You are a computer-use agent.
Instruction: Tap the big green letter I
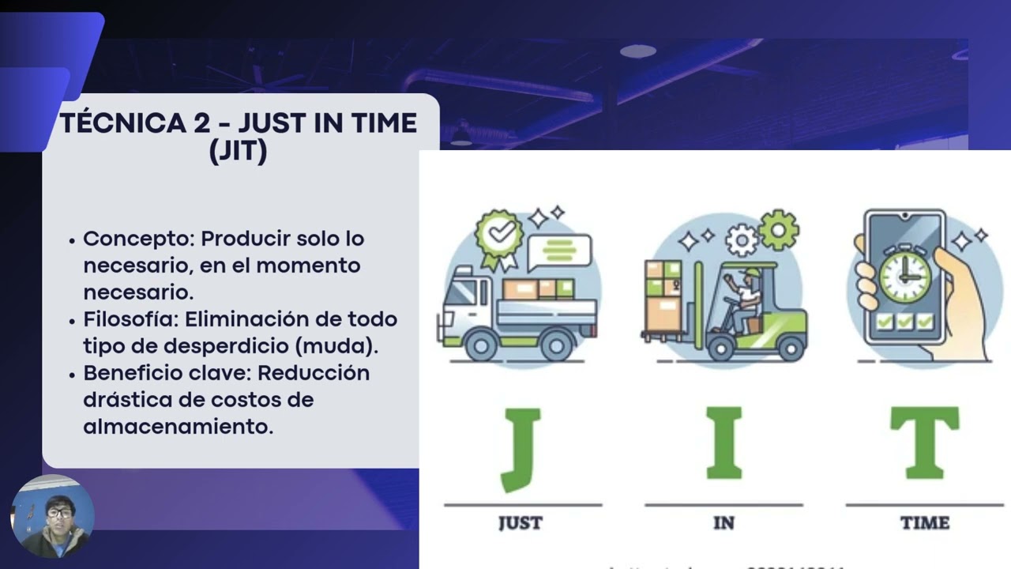tap(723, 443)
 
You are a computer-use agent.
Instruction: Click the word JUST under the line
tap(521, 523)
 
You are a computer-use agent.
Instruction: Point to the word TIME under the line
tap(925, 523)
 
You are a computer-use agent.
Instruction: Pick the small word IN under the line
tap(723, 523)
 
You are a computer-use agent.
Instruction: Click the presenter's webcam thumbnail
tap(53, 517)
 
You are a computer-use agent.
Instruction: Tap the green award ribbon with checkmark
tap(498, 235)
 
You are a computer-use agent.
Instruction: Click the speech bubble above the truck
tap(559, 251)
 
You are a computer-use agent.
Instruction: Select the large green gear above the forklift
tap(778, 230)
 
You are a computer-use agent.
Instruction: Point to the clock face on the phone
tap(904, 276)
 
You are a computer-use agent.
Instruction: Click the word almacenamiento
tap(178, 427)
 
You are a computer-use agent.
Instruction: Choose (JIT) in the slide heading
tap(239, 151)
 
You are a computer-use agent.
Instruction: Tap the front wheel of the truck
tap(481, 345)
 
